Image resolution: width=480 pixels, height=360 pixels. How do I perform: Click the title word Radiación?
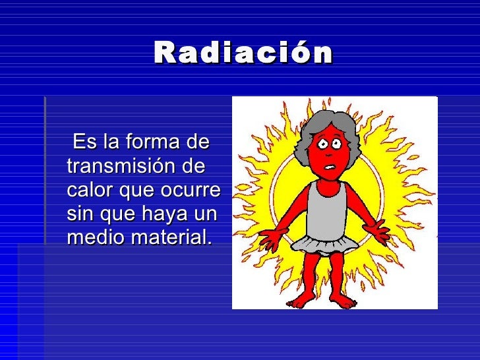[243, 53]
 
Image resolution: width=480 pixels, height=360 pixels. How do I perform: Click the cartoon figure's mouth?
[328, 165]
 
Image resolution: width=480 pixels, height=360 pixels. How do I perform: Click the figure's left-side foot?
[303, 300]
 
